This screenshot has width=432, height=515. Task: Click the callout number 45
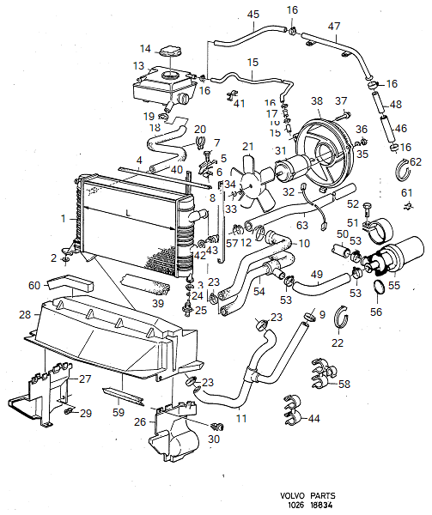(253, 15)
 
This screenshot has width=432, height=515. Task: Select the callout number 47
(334, 27)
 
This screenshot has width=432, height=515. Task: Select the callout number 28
(25, 316)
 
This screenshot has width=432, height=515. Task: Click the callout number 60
(34, 284)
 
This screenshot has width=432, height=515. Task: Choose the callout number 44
(313, 418)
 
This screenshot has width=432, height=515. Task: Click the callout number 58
(345, 384)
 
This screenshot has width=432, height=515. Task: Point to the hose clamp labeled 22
(338, 329)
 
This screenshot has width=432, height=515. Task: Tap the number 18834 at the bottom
(323, 506)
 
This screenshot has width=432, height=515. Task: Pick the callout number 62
(417, 161)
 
